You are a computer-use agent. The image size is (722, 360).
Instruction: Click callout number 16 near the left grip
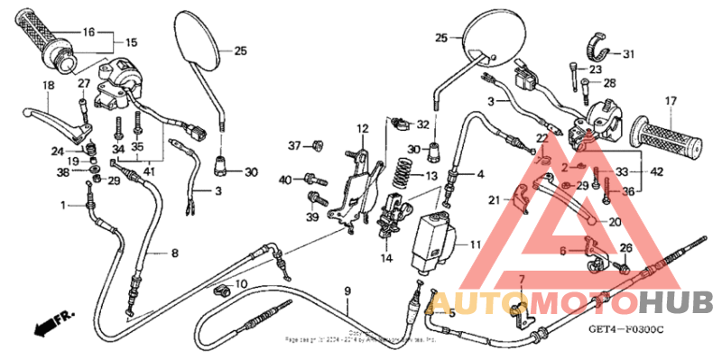[88, 32]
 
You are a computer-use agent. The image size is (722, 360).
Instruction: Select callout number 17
[671, 100]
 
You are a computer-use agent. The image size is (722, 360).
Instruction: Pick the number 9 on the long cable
[346, 291]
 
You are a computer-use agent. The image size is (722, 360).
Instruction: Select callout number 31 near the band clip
[628, 53]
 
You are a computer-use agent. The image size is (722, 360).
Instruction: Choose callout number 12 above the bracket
[361, 128]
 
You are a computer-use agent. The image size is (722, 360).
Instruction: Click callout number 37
[294, 145]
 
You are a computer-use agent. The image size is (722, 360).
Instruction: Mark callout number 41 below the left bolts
[148, 171]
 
